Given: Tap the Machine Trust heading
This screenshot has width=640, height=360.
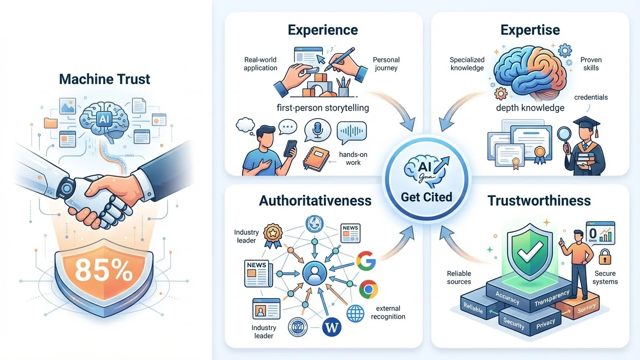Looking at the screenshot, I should (105, 79).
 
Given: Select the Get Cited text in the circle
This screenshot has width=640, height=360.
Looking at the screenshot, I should (426, 196).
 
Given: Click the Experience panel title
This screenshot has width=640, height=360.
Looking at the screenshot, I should (323, 30).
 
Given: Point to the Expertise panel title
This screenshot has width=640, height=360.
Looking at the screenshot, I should (530, 30).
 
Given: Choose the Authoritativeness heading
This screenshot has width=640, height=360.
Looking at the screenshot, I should (315, 201).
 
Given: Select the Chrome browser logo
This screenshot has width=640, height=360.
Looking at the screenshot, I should (369, 289).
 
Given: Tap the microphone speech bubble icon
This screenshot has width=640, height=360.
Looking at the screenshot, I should (315, 130).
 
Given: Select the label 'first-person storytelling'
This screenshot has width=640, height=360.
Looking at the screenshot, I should (323, 108).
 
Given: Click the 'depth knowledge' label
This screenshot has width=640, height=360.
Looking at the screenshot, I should (530, 108).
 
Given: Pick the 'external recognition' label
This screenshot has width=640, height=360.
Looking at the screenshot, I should (388, 312).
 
